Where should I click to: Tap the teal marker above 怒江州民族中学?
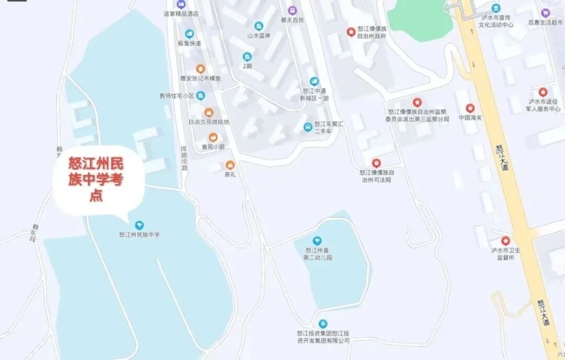pos(139,225)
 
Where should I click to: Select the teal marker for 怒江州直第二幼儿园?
pos(317,240)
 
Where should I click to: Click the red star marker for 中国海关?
pos(470,108)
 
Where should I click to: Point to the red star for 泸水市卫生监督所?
pos(505,241)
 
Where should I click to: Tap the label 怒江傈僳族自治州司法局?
pos(376,175)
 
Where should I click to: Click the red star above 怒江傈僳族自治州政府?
pos(351,32)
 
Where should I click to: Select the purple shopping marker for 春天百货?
pos(293,11)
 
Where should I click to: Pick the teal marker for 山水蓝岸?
pos(258,26)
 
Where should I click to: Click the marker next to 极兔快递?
pos(190,34)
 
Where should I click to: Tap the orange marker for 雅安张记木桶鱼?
pos(200,69)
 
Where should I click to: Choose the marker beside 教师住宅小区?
pos(201,96)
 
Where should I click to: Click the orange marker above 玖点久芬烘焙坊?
pos(208,112)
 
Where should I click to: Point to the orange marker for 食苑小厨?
pos(213,137)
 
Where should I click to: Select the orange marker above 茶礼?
pos(230,165)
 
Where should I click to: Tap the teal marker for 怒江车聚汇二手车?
pos(307,127)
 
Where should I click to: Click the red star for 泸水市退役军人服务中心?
pos(543,92)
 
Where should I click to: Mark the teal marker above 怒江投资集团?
pos(323,324)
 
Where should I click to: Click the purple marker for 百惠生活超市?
pos(545,13)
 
